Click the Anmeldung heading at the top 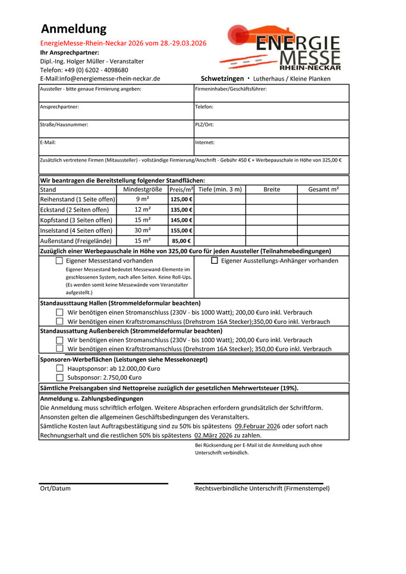click(x=74, y=29)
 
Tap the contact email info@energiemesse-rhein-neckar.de click(x=100, y=78)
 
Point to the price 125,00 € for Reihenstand click(x=181, y=200)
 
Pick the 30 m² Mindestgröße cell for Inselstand click(x=143, y=231)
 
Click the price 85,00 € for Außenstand click(x=181, y=241)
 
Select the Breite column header click(x=272, y=190)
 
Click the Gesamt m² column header click(x=323, y=190)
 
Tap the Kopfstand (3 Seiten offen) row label click(x=76, y=220)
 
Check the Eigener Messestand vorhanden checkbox click(x=59, y=261)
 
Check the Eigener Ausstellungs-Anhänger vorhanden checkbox click(x=215, y=261)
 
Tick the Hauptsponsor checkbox click(x=59, y=368)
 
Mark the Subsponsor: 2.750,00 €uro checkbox click(x=59, y=377)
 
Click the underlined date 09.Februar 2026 click(x=257, y=426)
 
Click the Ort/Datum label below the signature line click(x=55, y=488)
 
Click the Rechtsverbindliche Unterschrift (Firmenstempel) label click(x=262, y=488)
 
